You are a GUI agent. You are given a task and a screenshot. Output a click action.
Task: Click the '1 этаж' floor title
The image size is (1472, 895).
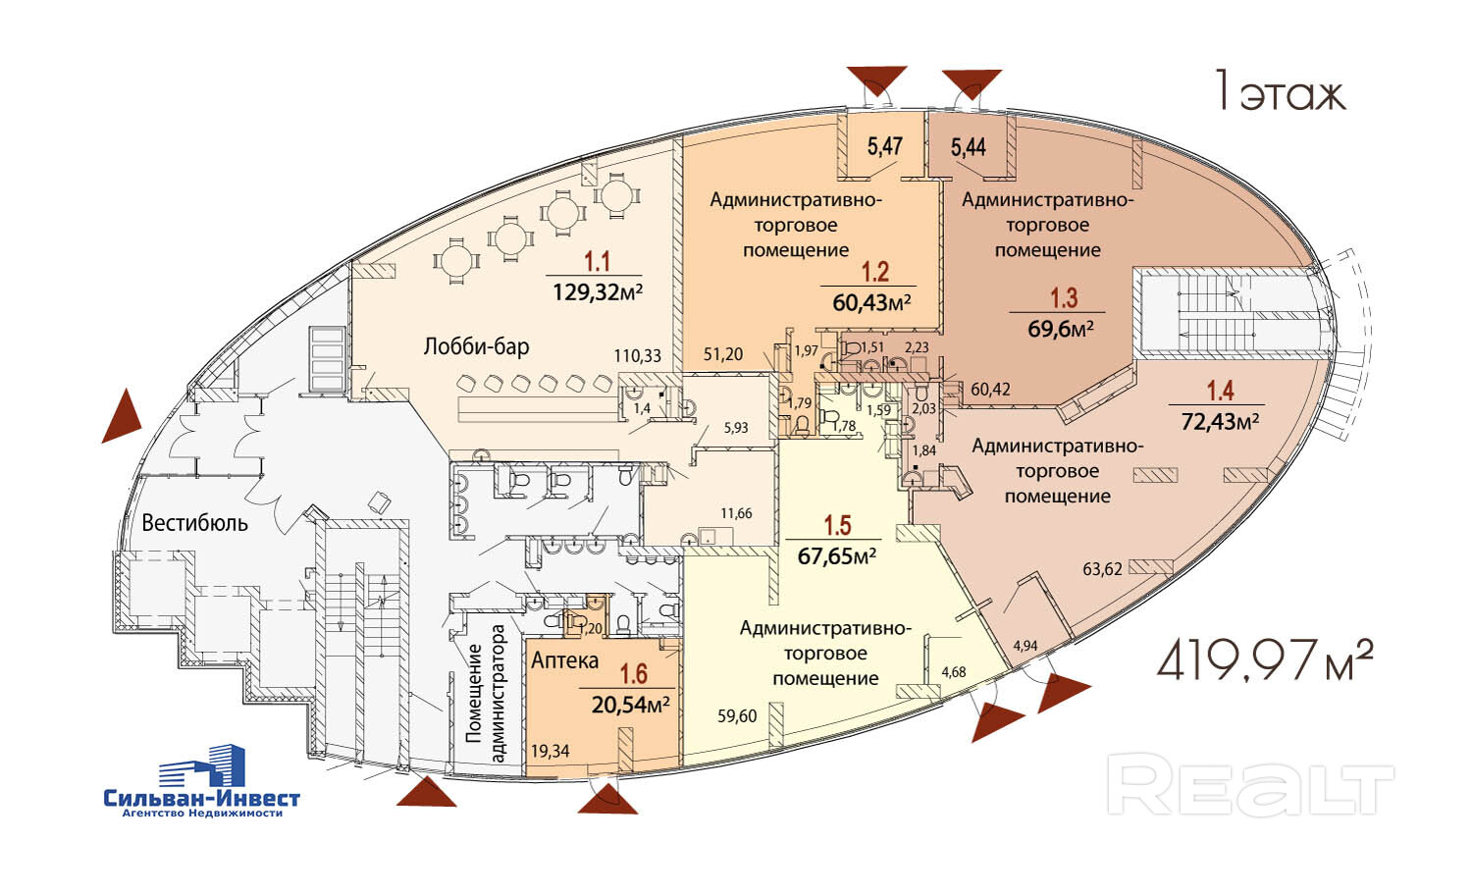pyautogui.click(x=1280, y=93)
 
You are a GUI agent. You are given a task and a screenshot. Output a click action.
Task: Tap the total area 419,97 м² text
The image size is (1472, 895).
pyautogui.click(x=1264, y=661)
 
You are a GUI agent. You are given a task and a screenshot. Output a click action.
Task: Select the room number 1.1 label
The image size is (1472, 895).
pyautogui.click(x=597, y=262)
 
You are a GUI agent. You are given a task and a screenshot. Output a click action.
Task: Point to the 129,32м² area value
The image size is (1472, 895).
pyautogui.click(x=597, y=291)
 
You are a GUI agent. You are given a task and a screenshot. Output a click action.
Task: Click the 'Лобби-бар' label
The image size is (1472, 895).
pyautogui.click(x=476, y=346)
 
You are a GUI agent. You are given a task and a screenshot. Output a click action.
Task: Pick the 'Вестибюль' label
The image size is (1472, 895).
pyautogui.click(x=194, y=522)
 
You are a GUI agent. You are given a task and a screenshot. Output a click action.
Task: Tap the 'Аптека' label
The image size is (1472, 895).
pyautogui.click(x=564, y=660)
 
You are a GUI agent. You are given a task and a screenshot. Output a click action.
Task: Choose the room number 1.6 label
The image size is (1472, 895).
pyautogui.click(x=633, y=674)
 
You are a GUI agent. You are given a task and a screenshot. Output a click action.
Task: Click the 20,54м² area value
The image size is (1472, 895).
pyautogui.click(x=630, y=704)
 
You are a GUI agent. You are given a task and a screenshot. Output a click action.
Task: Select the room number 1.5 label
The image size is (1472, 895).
pyautogui.click(x=837, y=525)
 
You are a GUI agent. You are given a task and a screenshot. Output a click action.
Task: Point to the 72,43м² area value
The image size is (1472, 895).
pyautogui.click(x=1220, y=421)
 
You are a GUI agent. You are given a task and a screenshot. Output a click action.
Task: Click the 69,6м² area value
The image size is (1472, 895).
pyautogui.click(x=1061, y=328)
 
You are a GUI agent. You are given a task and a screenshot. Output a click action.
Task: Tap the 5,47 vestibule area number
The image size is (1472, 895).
pyautogui.click(x=884, y=147)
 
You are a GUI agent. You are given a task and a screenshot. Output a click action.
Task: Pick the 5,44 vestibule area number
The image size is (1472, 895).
pyautogui.click(x=969, y=148)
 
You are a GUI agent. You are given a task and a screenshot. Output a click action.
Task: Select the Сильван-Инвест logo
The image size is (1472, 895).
pyautogui.click(x=202, y=781)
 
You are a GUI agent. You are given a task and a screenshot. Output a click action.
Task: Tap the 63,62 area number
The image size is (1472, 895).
pyautogui.click(x=1102, y=568)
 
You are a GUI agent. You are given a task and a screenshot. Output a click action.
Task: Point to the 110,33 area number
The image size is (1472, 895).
pyautogui.click(x=637, y=356)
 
